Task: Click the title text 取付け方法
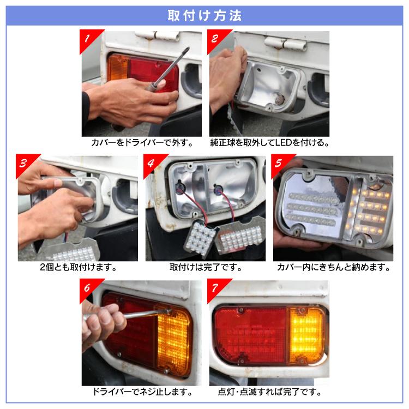[x=204, y=15]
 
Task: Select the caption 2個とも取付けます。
[x=78, y=268]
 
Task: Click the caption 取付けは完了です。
[x=205, y=268]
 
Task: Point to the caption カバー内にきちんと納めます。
[x=333, y=268]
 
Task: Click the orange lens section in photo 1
[x=117, y=68]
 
